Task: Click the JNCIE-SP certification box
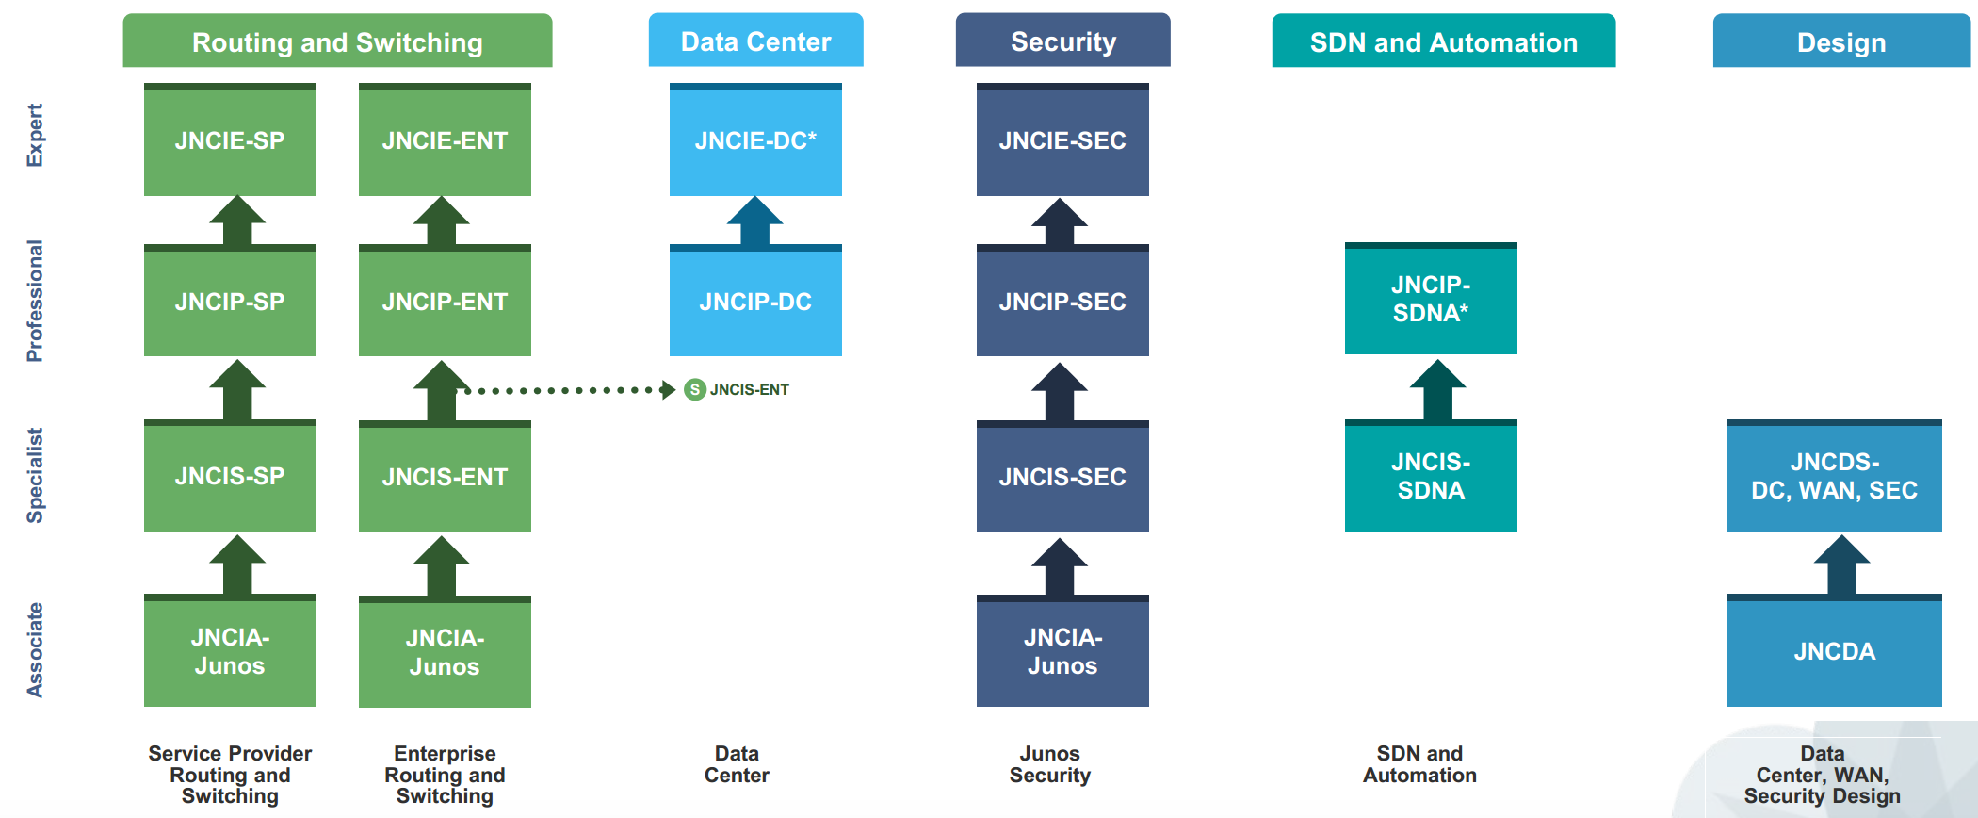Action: pyautogui.click(x=230, y=140)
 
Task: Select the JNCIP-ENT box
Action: pyautogui.click(x=445, y=302)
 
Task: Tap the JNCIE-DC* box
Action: pyautogui.click(x=755, y=140)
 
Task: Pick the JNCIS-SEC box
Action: pyautogui.click(x=1062, y=477)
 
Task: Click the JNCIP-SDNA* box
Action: pyautogui.click(x=1431, y=299)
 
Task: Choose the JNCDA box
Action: pyautogui.click(x=1834, y=651)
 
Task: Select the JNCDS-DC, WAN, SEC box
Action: pyautogui.click(x=1834, y=476)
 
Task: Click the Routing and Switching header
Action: pyautogui.click(x=337, y=41)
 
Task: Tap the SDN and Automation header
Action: pyautogui.click(x=1443, y=41)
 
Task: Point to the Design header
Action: pyautogui.click(x=1840, y=41)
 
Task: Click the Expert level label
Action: pyautogui.click(x=35, y=135)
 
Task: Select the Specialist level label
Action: pyautogui.click(x=35, y=475)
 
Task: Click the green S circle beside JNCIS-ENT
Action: pyautogui.click(x=695, y=389)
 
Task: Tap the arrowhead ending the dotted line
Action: pyautogui.click(x=668, y=389)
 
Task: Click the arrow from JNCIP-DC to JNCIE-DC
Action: pyautogui.click(x=755, y=222)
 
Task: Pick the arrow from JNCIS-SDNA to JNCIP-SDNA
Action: pyautogui.click(x=1437, y=389)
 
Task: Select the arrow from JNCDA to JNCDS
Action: pyautogui.click(x=1841, y=564)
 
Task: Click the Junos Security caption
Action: pyautogui.click(x=1049, y=764)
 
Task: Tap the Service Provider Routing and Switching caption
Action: pyautogui.click(x=230, y=775)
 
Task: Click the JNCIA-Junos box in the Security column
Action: pyautogui.click(x=1062, y=651)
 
